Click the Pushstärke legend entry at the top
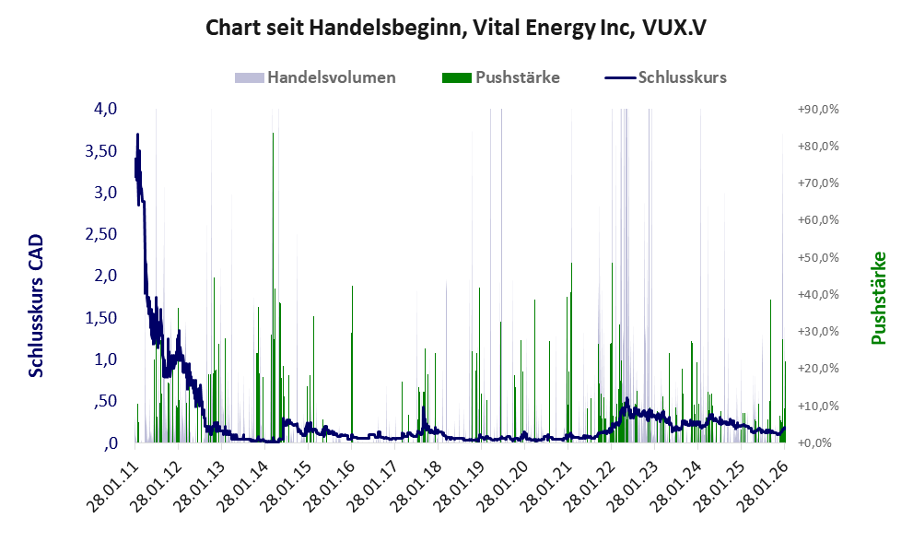pyautogui.click(x=517, y=77)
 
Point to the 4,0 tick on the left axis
pyautogui.click(x=105, y=109)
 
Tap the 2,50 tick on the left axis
pyautogui.click(x=100, y=234)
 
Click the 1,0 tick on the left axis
pyautogui.click(x=105, y=359)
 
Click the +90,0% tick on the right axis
pyautogui.click(x=817, y=109)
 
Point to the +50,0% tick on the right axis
pyautogui.click(x=817, y=257)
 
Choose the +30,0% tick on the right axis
pyautogui.click(x=817, y=331)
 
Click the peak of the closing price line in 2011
pyautogui.click(x=137, y=135)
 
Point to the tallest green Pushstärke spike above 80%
pyautogui.click(x=273, y=134)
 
